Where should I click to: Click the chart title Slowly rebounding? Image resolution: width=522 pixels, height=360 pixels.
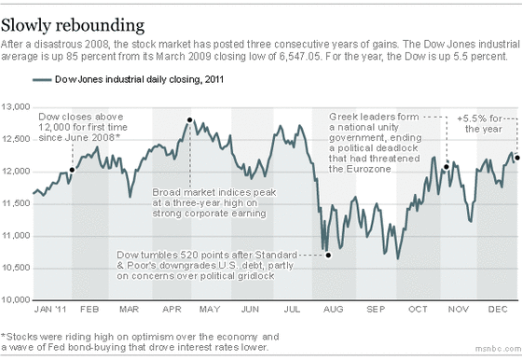73,25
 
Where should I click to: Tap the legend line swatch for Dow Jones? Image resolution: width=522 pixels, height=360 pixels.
42,79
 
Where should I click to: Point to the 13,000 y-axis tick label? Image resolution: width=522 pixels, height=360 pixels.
16,107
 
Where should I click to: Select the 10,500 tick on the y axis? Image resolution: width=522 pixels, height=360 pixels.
16,268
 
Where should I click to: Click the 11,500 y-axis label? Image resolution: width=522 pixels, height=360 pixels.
16,203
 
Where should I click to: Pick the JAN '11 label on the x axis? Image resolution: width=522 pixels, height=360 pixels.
50,310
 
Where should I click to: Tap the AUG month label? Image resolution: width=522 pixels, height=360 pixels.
333,310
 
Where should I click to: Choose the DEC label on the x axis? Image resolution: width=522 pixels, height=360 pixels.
498,310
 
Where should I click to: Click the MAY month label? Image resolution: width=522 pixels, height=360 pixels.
210,310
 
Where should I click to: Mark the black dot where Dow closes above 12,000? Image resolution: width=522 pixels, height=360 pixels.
72,170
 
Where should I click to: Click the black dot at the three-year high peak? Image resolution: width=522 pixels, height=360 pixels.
190,120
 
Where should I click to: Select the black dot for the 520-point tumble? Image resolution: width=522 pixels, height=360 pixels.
328,256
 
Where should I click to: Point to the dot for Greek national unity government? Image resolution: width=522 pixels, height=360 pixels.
446,167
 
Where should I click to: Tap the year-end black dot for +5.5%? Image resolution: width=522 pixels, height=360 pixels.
517,158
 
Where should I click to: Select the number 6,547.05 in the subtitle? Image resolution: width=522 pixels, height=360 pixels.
300,56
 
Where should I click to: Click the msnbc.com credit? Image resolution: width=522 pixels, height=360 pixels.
498,349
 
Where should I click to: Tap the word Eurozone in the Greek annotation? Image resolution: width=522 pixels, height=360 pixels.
368,169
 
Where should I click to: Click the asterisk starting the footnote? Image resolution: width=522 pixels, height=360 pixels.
4,335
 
